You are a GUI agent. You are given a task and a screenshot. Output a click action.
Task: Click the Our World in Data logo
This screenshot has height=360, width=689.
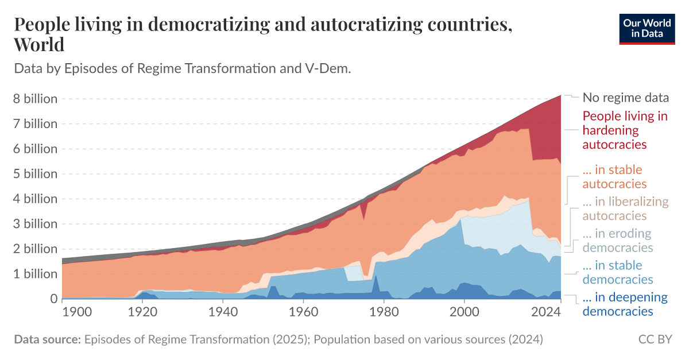647,28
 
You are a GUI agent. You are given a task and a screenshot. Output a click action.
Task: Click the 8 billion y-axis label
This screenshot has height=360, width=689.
36,99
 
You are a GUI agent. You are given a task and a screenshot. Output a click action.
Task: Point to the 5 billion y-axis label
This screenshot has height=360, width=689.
36,174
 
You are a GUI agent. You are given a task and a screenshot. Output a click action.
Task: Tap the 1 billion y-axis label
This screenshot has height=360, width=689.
36,274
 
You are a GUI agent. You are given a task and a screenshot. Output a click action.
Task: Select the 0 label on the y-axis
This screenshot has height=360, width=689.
54,299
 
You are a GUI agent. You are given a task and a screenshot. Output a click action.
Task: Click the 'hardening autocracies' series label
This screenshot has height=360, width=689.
625,130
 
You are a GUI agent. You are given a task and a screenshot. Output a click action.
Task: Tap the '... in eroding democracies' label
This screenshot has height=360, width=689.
618,241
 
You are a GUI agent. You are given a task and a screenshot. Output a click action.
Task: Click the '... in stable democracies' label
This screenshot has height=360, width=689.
618,272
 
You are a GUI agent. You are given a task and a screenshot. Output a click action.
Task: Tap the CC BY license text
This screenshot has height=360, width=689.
655,339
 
